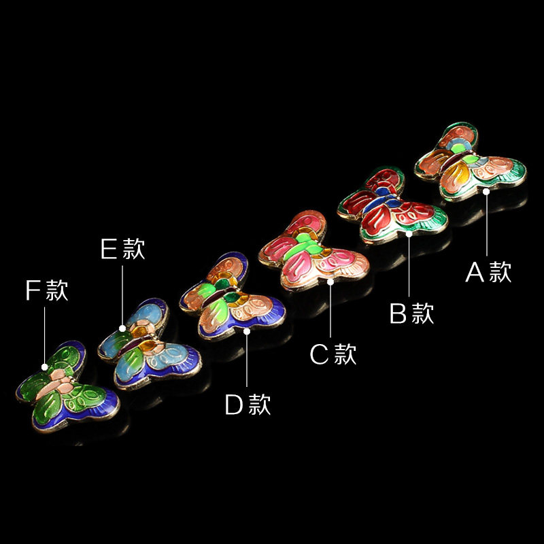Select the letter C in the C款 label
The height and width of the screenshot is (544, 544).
[x=320, y=354]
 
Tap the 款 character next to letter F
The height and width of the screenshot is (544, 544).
[x=57, y=290]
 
